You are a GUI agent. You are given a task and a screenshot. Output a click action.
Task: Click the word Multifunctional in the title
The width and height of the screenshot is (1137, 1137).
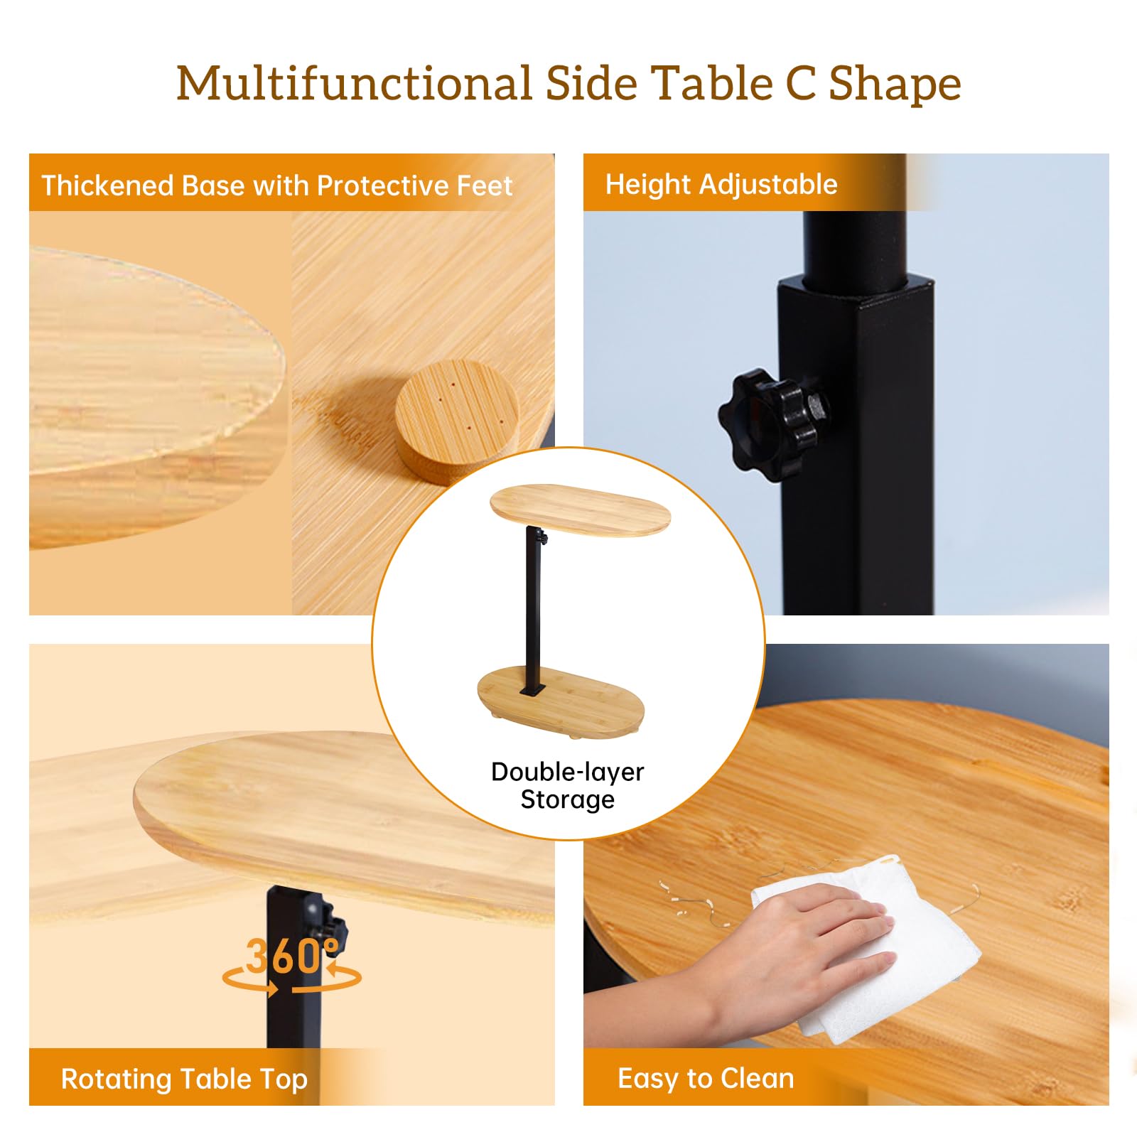coord(354,83)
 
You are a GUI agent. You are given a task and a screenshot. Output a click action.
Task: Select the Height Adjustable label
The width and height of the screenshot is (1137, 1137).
coord(721,185)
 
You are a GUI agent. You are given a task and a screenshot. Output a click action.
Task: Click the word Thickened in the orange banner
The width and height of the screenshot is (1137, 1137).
coord(107,185)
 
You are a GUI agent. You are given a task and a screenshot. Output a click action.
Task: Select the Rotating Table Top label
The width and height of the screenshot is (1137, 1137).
coord(184,1079)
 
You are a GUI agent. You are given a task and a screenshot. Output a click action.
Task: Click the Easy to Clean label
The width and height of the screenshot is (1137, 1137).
coord(706,1079)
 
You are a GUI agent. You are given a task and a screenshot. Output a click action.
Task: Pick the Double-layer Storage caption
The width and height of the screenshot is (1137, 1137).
coord(568,785)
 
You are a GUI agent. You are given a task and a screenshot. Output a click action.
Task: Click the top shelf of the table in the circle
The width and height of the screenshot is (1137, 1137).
coord(580,510)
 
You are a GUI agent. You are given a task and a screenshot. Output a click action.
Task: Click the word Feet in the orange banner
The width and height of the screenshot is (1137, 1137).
coord(485,185)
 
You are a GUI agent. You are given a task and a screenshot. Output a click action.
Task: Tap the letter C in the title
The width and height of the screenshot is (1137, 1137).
coord(801,83)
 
